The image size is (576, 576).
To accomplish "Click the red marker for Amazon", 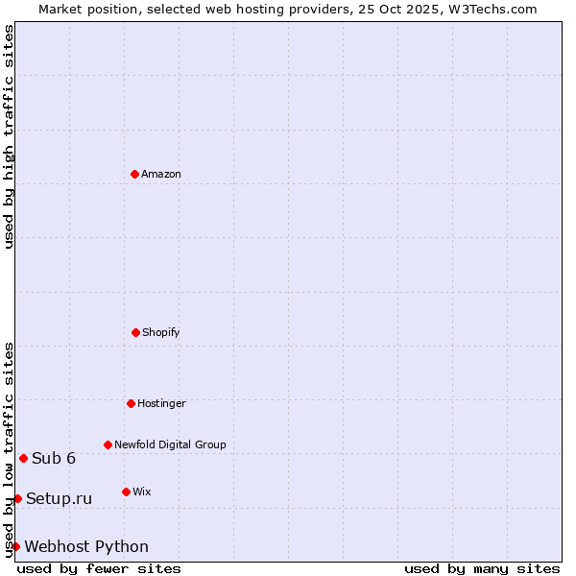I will (x=134, y=174).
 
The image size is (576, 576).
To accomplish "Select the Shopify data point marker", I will (x=135, y=332).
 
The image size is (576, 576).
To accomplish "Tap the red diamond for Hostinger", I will (x=131, y=403).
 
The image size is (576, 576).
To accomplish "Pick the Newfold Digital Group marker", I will (x=108, y=444).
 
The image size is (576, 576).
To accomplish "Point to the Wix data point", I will (x=126, y=492).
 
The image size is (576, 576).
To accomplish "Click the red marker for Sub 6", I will (x=23, y=458).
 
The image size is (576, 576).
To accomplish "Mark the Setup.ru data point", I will (x=17, y=498).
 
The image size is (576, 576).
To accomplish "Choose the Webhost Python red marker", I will (x=15, y=546).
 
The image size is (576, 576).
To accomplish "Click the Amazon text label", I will (x=161, y=174).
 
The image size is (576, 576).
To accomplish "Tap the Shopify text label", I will (x=161, y=332).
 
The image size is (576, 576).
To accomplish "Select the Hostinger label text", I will (x=161, y=403).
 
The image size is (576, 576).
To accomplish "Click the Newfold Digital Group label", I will (x=170, y=444).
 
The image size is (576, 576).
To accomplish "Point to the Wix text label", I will (x=142, y=492).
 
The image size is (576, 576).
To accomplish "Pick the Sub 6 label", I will (x=54, y=458).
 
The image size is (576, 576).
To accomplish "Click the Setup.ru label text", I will (x=60, y=498).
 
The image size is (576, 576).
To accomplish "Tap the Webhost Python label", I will (x=86, y=546).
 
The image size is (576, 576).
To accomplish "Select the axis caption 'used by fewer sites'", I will (x=99, y=568).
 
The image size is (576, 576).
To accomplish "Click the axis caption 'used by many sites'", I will (x=482, y=568).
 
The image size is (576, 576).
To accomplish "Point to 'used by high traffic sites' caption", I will (x=9, y=136).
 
